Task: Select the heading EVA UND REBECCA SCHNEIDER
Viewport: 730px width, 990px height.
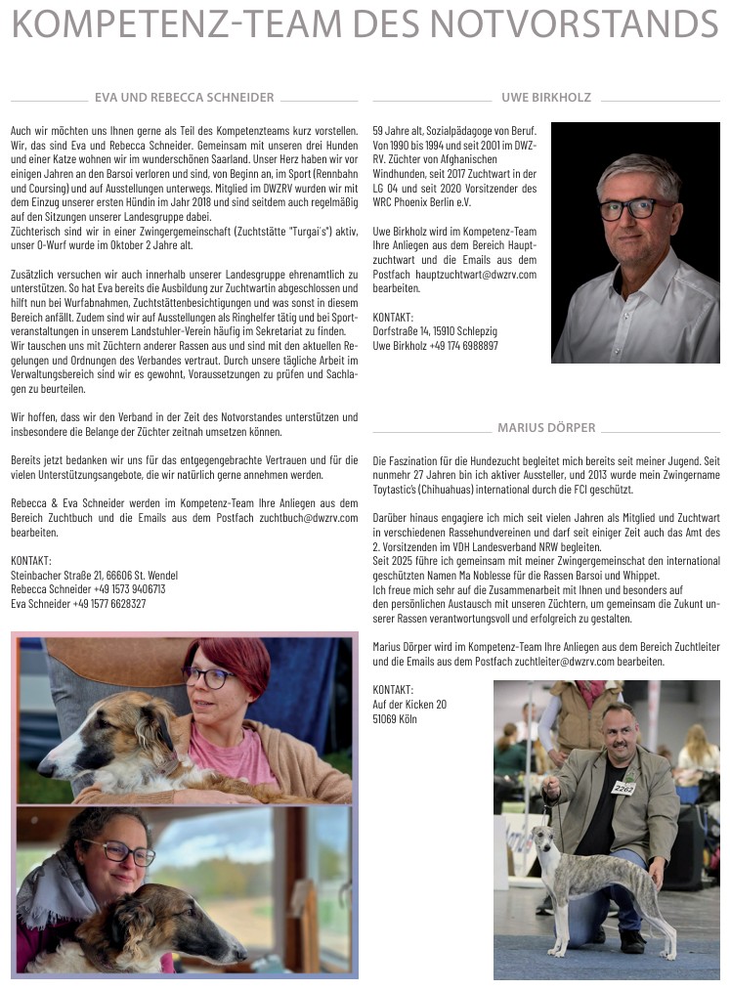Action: pos(185,98)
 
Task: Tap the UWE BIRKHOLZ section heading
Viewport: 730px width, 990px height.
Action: pos(545,98)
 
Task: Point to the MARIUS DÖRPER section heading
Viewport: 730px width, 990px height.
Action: pos(545,428)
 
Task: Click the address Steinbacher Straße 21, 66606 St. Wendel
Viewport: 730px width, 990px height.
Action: pos(94,576)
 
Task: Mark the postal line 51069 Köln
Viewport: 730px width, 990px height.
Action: pos(394,718)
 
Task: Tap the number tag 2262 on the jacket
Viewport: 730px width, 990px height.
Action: pos(623,787)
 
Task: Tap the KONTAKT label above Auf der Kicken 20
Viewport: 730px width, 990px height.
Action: pos(393,689)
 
